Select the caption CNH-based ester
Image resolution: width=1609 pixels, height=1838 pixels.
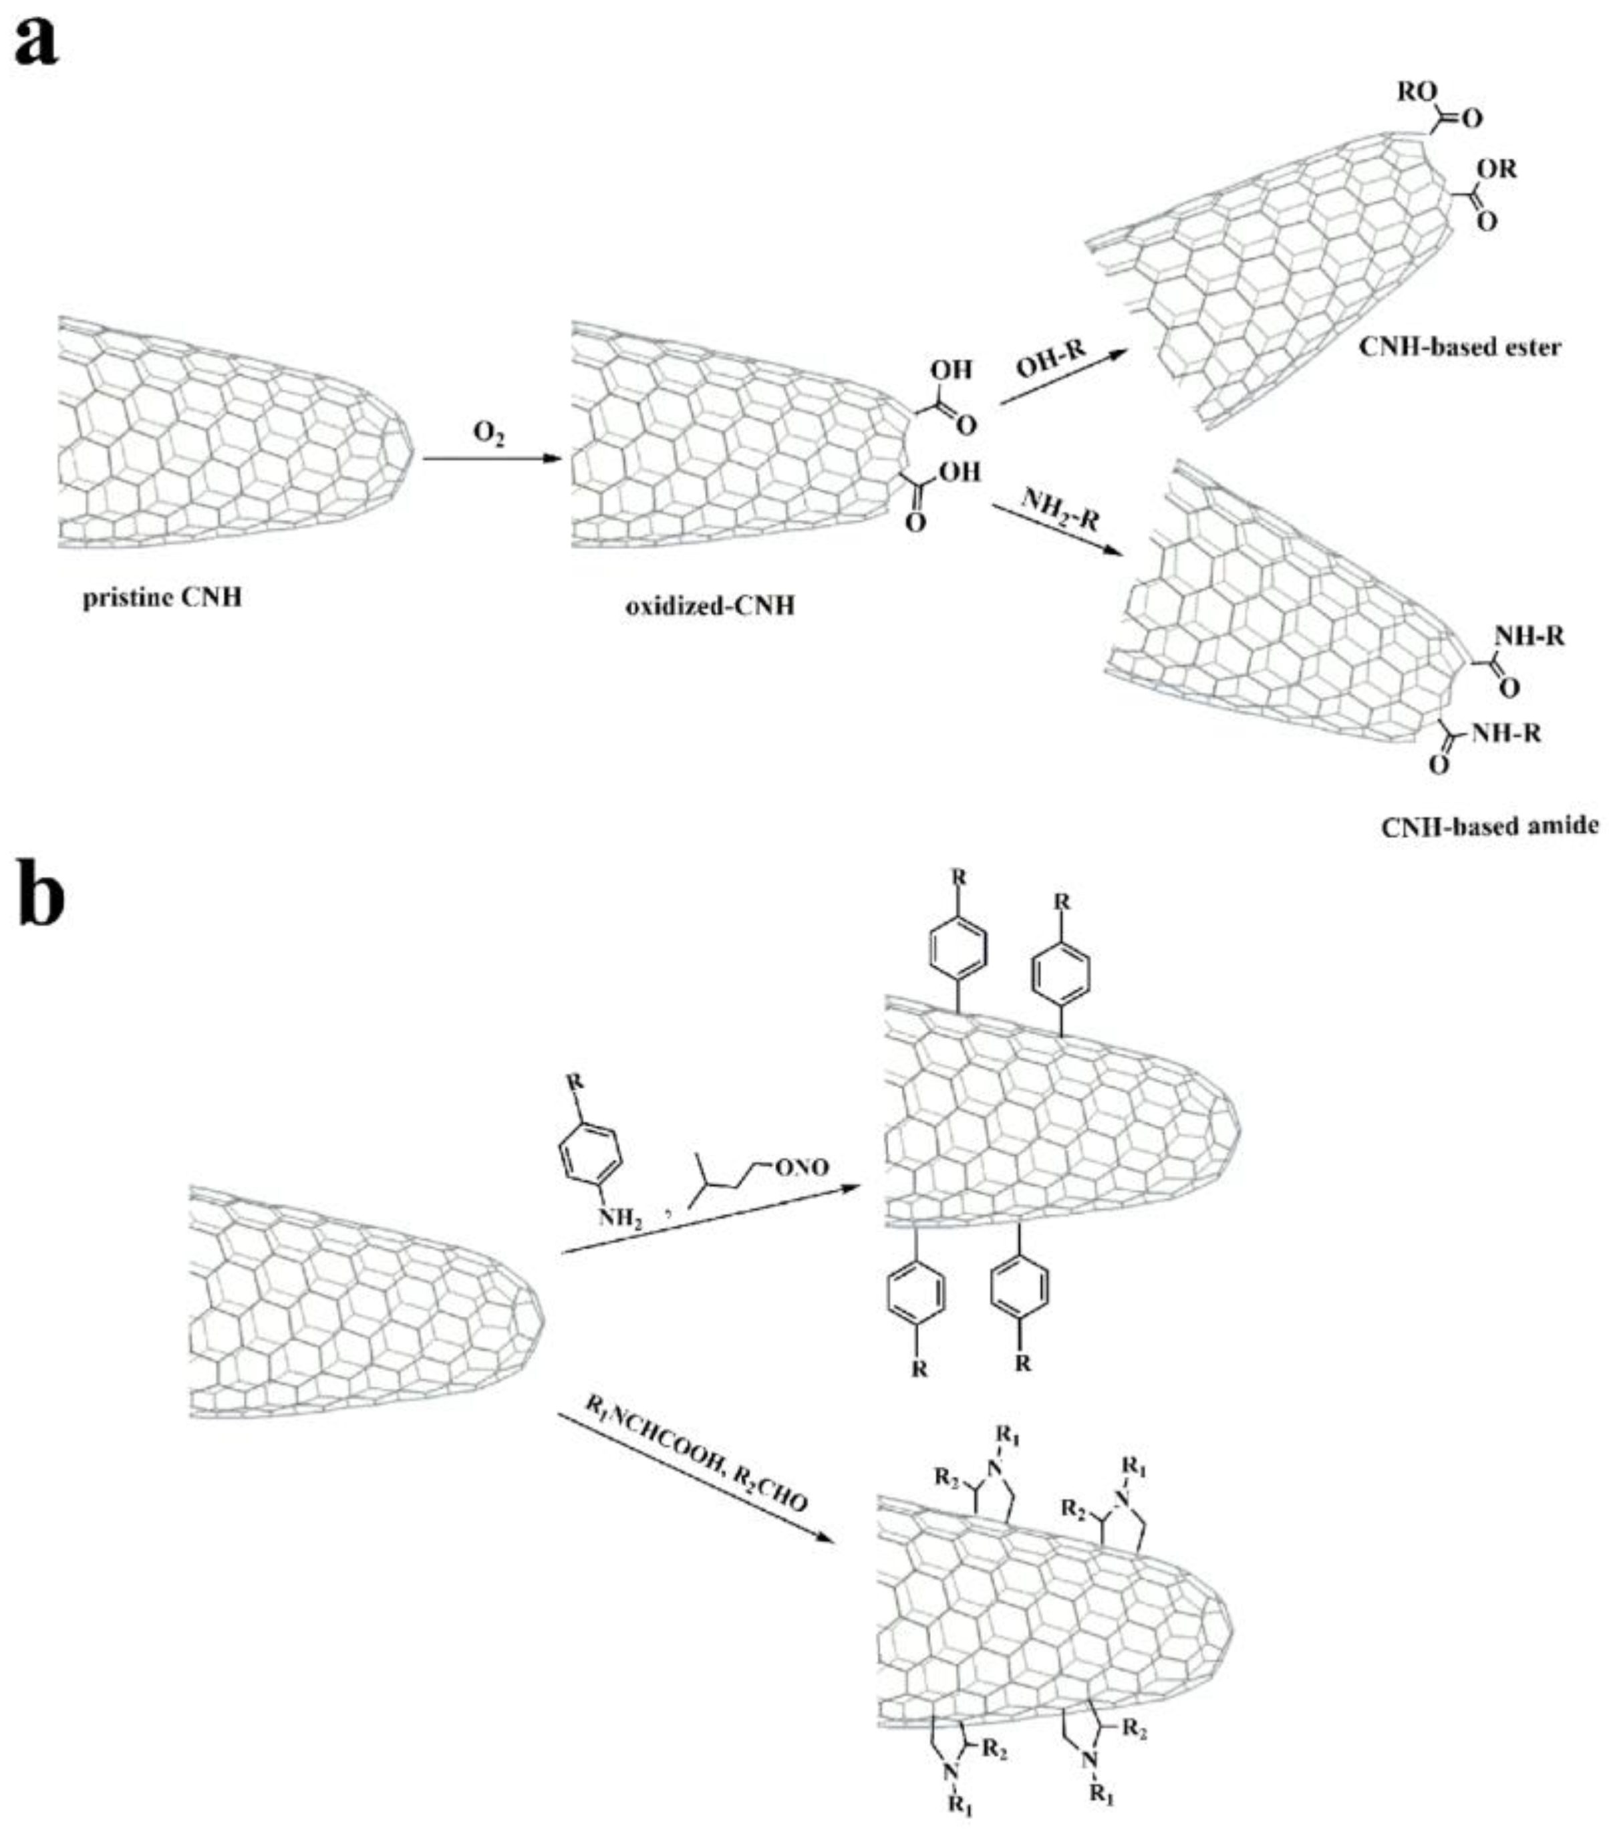coord(1459,347)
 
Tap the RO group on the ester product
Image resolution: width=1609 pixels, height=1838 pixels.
coord(1416,92)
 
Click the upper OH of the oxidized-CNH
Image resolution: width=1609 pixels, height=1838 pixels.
coord(951,370)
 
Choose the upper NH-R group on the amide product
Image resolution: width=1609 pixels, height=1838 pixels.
coord(1528,636)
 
